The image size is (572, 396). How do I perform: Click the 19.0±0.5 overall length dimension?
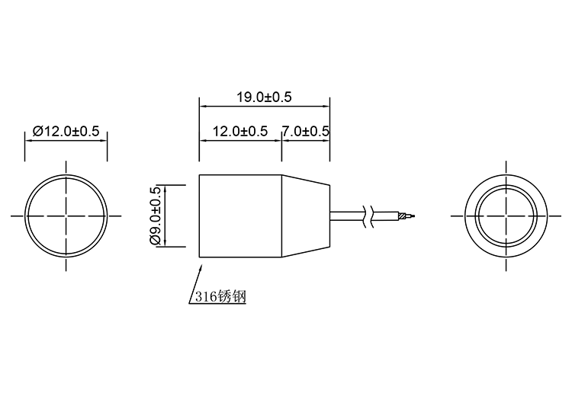(264, 97)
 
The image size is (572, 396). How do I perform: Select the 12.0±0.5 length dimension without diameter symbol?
(239, 131)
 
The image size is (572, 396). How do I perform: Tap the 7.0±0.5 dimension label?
(306, 131)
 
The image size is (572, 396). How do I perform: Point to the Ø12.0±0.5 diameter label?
(66, 131)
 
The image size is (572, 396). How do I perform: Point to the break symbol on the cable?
(369, 216)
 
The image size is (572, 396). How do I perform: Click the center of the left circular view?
(66, 216)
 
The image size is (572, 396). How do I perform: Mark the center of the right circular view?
(506, 216)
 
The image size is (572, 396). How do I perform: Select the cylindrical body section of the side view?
(240, 216)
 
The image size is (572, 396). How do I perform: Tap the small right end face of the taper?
(329, 216)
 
